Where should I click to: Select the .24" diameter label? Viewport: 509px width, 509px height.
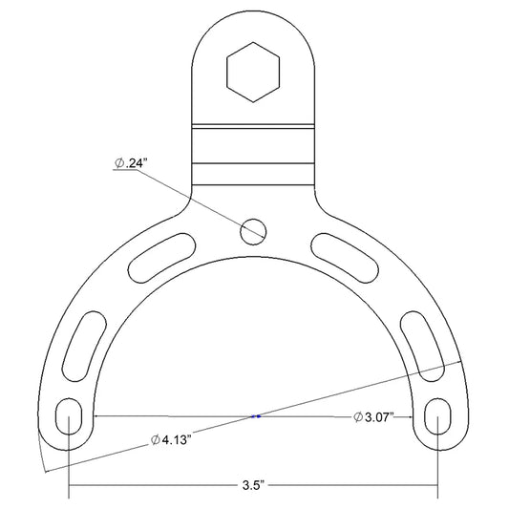[129, 163]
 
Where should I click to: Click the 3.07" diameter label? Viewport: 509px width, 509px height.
[373, 416]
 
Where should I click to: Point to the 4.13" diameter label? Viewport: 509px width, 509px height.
[169, 440]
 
